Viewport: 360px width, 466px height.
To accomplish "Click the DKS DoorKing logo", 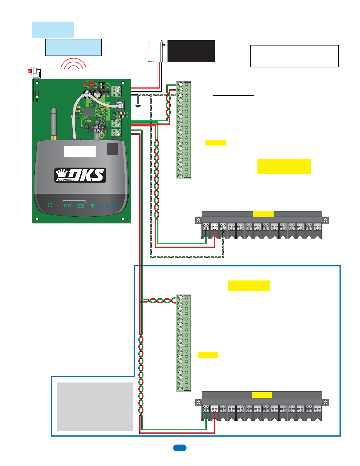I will pyautogui.click(x=80, y=175).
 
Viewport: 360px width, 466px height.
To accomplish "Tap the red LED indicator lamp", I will pyautogui.click(x=30, y=71).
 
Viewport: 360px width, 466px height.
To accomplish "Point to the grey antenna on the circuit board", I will pyautogui.click(x=53, y=123).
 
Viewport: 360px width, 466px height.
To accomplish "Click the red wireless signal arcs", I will pyautogui.click(x=73, y=64).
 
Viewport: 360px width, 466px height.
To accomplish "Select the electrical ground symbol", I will pyautogui.click(x=138, y=105).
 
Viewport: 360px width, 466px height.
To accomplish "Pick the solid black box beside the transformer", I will pyautogui.click(x=191, y=51).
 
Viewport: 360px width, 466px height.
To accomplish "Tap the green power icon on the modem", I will pyautogui.click(x=50, y=205).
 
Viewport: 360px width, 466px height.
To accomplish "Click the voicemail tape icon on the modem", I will pyautogui.click(x=68, y=206).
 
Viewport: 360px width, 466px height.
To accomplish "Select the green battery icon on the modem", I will pyautogui.click(x=81, y=206).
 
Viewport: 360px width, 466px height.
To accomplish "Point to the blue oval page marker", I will pyautogui.click(x=180, y=448).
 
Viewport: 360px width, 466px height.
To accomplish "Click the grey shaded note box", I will pyautogui.click(x=95, y=406).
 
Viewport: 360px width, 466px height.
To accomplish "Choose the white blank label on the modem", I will pyautogui.click(x=80, y=151).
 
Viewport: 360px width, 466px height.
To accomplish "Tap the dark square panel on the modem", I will pyautogui.click(x=112, y=149).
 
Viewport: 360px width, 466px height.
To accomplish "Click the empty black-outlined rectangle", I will pyautogui.click(x=294, y=56).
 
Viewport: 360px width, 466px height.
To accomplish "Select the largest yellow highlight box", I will pyautogui.click(x=284, y=167).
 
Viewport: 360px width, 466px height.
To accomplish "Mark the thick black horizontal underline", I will pyautogui.click(x=233, y=95).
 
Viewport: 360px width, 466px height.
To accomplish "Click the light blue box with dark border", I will pyautogui.click(x=73, y=47).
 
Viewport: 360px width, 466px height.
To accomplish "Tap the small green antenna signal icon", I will pyautogui.click(x=93, y=206).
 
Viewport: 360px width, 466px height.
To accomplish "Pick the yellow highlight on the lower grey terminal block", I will pyautogui.click(x=262, y=395).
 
